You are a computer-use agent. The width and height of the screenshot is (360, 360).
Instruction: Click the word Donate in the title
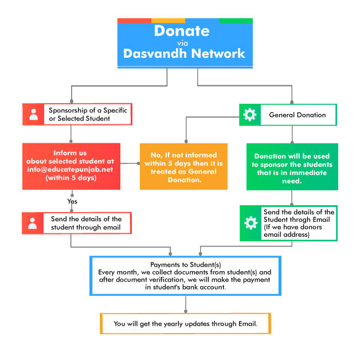pos(185,30)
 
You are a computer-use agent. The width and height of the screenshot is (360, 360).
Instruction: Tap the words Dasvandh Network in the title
pos(185,54)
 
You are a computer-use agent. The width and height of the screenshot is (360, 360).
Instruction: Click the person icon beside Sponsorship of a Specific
pos(34,114)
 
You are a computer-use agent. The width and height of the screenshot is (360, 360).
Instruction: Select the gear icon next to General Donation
pos(250,115)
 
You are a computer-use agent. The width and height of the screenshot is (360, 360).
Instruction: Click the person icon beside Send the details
pos(34,223)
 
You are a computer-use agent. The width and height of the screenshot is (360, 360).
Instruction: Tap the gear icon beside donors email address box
pos(251,223)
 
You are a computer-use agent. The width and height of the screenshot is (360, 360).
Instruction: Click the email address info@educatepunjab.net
pos(71,170)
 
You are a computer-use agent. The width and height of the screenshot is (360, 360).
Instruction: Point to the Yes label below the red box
pos(72,201)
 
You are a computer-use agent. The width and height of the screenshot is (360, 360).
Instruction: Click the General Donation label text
pos(297,115)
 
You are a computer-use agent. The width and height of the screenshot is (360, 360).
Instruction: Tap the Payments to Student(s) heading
pos(184,263)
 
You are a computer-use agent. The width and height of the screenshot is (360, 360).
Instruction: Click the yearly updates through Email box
pos(185,324)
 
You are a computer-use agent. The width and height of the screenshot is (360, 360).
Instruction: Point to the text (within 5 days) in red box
pos(71,178)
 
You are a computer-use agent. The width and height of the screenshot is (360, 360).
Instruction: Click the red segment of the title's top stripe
pos(134,21)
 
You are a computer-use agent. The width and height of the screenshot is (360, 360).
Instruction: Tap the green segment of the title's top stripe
pos(236,21)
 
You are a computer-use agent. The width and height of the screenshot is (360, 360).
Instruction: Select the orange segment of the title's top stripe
pos(168,21)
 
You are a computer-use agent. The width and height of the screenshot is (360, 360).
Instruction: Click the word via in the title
pos(185,42)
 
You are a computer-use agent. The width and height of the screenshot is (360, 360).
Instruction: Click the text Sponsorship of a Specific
pos(88,109)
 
